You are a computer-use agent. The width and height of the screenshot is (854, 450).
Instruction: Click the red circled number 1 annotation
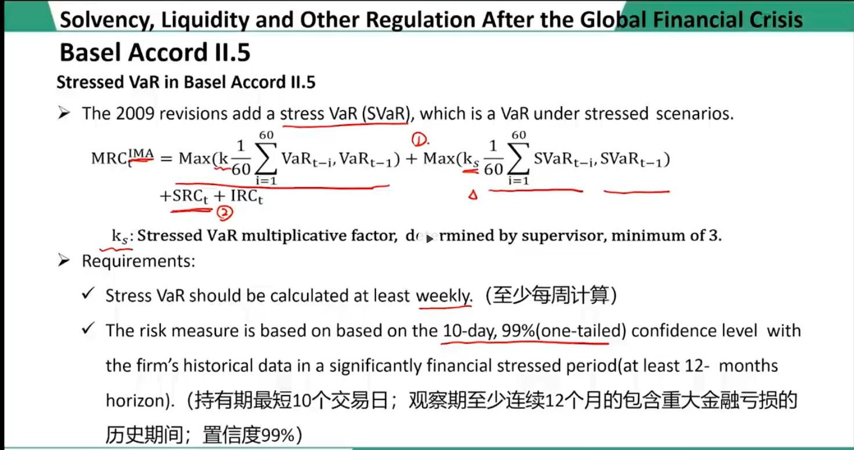[x=420, y=140]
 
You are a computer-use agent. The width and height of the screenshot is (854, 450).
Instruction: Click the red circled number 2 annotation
[x=225, y=213]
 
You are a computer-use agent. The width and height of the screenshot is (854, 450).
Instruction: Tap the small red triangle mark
[x=473, y=195]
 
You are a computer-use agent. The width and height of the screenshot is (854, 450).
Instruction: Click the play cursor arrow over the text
[x=429, y=239]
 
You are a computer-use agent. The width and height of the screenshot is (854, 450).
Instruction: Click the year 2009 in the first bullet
[x=135, y=114]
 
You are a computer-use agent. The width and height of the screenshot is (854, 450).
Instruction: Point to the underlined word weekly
[x=444, y=295]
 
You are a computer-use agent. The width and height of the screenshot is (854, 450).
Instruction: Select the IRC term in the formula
[x=247, y=196]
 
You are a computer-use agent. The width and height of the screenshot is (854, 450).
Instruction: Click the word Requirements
[x=138, y=261]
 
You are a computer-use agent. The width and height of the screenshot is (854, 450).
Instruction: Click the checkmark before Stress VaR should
[x=88, y=293]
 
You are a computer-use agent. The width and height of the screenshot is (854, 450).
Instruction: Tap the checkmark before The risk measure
[x=88, y=328]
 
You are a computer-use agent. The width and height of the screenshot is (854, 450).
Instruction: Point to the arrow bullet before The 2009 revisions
[x=64, y=113]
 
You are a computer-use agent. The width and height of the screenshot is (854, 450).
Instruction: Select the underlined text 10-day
[x=469, y=331]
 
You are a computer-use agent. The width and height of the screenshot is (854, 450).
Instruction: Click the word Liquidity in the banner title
[x=205, y=20]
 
